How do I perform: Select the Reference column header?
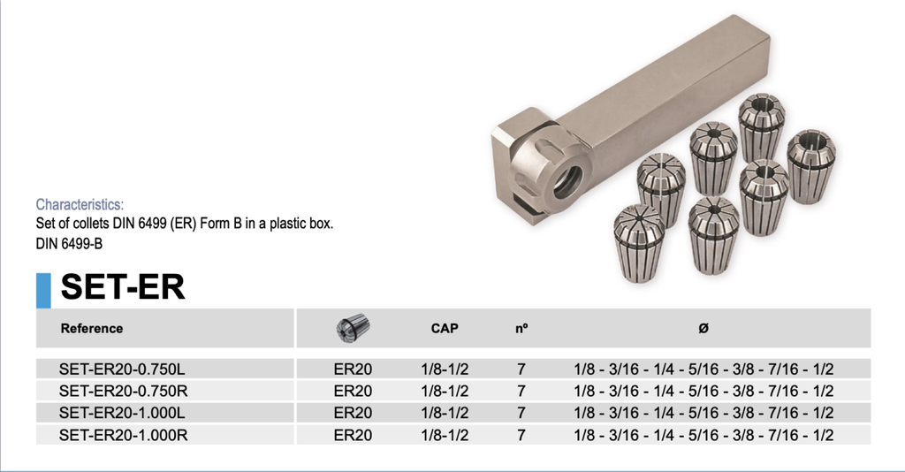pos(92,329)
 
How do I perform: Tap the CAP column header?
pos(445,329)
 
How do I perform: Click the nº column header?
pos(521,329)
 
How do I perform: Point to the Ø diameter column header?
pos(703,329)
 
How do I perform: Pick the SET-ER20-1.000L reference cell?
pos(123,413)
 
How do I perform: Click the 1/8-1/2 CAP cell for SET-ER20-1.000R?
pos(445,435)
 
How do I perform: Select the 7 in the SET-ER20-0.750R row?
pos(521,391)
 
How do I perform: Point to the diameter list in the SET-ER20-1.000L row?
pos(703,413)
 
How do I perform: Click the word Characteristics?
pos(80,205)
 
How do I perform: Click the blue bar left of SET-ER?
pos(43,290)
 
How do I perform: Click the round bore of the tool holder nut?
pos(567,181)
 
